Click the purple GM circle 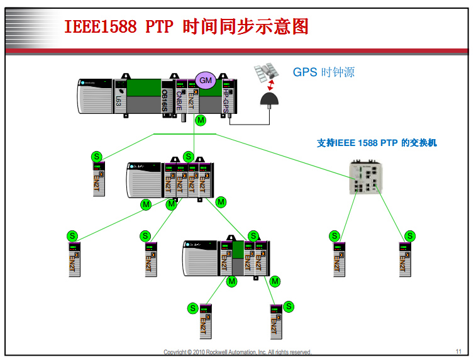206,80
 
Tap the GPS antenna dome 272,99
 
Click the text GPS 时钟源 323,72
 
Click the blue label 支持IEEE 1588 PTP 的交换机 377,143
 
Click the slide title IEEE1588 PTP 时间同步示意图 187,26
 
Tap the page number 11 458,351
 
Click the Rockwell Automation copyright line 237,352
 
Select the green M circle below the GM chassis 201,120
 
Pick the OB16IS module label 165,99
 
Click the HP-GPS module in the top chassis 226,100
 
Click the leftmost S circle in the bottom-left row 72,236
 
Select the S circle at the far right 410,236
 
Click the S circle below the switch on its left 334,236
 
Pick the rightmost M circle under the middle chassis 220,202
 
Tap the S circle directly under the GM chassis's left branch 96,156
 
